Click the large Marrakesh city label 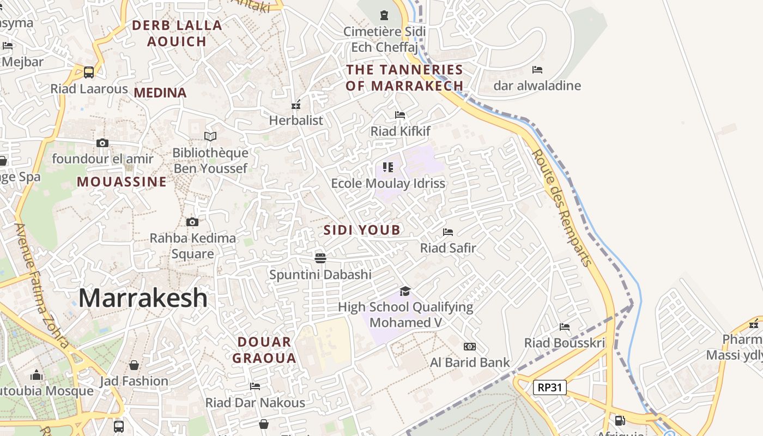tap(143, 298)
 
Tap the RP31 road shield tap(550, 387)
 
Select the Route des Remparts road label tap(562, 208)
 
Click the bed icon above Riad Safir tap(448, 232)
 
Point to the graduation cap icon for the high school tap(405, 291)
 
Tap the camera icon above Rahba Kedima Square tap(192, 222)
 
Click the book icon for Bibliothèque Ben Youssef tap(210, 136)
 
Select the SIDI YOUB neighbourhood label tap(362, 230)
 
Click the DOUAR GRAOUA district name tap(264, 350)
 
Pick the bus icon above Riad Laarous tap(89, 72)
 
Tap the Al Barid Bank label tap(470, 362)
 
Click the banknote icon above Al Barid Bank tap(469, 347)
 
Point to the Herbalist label tap(296, 120)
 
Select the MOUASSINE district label tap(122, 181)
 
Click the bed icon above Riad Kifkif tap(400, 115)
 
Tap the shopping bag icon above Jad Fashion tap(134, 365)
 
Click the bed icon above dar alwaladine tap(537, 70)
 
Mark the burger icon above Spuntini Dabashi tap(320, 258)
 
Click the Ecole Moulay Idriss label tap(388, 183)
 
